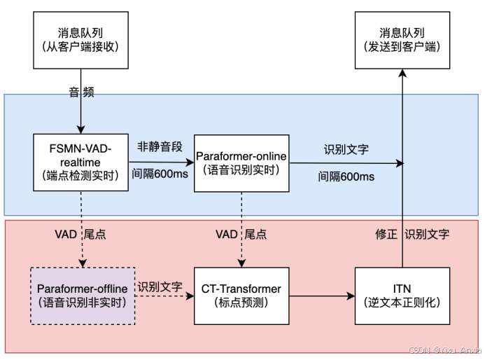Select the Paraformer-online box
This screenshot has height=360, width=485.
point(242,162)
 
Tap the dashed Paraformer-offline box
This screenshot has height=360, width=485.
point(82,295)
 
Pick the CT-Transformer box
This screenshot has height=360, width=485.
point(242,295)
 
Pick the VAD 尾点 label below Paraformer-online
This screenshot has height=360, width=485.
point(241,235)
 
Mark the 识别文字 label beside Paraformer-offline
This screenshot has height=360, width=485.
point(160,287)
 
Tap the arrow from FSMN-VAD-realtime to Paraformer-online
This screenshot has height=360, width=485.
point(160,162)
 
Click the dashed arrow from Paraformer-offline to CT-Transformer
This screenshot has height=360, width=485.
point(164,296)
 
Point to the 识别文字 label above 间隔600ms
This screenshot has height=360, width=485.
point(346,149)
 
